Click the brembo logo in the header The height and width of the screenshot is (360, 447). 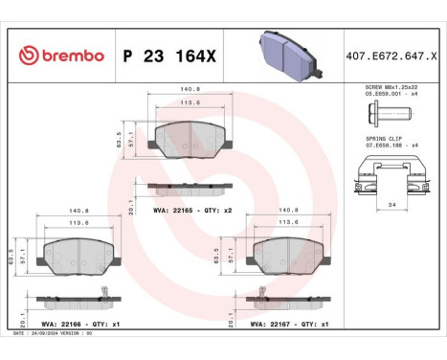(x=59, y=56)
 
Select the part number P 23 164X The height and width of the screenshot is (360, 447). (x=168, y=56)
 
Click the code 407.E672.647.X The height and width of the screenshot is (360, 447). (x=390, y=56)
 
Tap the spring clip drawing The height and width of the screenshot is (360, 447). (x=387, y=175)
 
